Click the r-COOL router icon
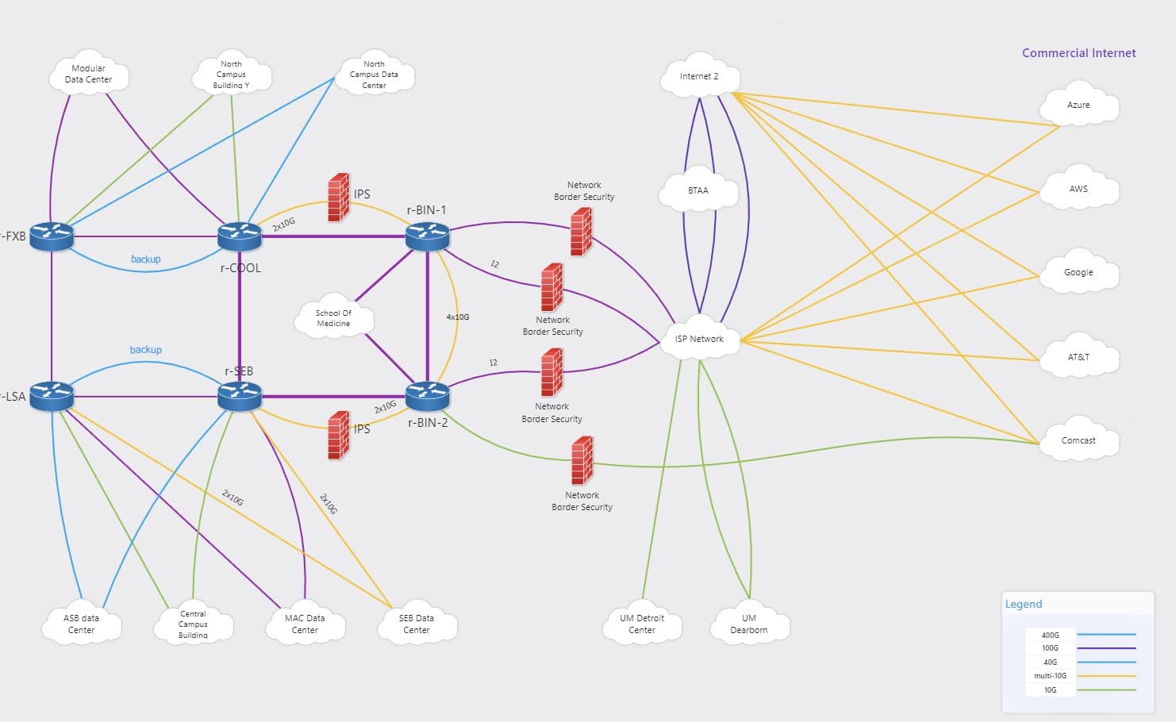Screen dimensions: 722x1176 tap(240, 236)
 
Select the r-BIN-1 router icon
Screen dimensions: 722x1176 tap(428, 236)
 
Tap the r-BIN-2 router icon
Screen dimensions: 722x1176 tap(428, 395)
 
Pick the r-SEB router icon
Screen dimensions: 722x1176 tap(240, 395)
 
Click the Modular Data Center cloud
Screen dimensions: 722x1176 tap(89, 75)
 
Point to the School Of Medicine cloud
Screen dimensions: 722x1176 tap(333, 318)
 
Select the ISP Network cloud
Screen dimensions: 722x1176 tap(699, 339)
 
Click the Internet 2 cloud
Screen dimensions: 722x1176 tap(699, 77)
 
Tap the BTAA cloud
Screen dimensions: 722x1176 tap(698, 190)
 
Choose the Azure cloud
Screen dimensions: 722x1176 tap(1078, 105)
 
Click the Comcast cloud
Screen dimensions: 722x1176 tap(1078, 440)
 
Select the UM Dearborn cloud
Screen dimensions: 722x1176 tap(749, 624)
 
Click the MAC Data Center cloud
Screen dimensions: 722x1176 tap(305, 624)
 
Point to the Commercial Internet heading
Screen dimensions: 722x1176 tap(1078, 53)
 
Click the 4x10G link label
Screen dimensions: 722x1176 tap(458, 317)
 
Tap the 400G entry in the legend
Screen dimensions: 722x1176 tap(1050, 635)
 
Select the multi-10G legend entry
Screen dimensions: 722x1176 tap(1050, 676)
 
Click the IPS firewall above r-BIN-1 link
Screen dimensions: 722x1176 tap(339, 197)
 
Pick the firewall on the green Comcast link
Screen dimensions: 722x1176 tap(582, 460)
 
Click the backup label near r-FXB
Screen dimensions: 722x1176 tap(145, 259)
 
